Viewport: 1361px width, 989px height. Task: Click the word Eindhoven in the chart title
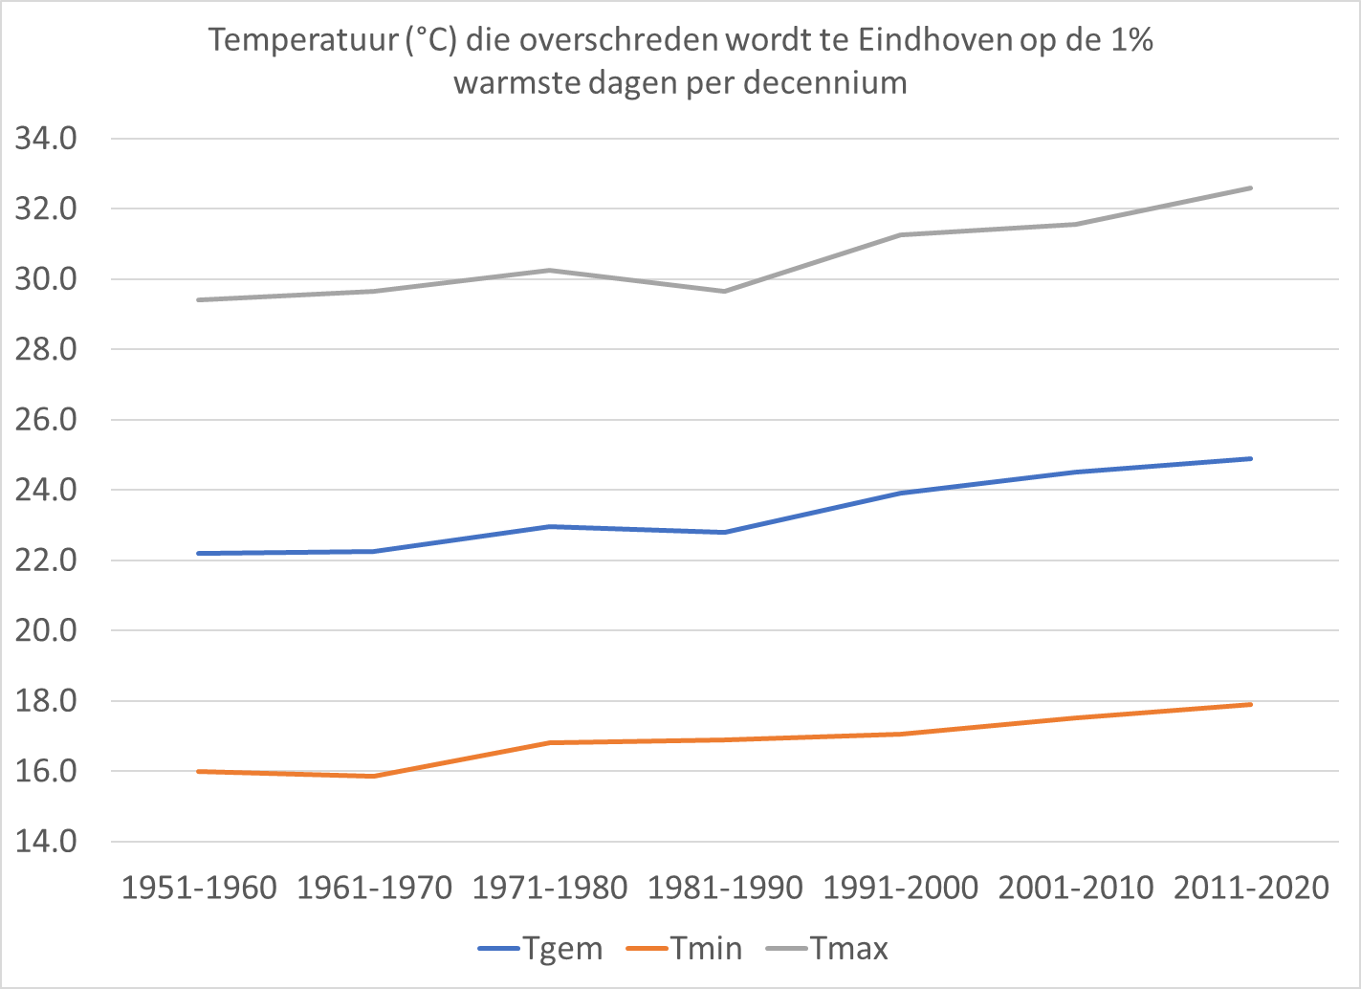(935, 41)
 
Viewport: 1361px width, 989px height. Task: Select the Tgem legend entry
(540, 948)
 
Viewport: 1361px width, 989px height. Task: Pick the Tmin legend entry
(684, 948)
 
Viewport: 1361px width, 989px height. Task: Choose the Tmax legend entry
(827, 948)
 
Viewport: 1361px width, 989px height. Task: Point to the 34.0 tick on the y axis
(46, 139)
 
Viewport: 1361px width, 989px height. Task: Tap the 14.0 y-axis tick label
(46, 842)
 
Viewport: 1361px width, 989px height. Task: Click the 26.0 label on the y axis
(46, 420)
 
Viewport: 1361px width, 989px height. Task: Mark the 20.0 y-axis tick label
(46, 630)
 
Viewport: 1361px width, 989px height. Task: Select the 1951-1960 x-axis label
(199, 889)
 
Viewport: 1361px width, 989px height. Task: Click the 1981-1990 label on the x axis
(726, 889)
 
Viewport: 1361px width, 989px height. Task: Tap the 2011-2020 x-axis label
(1252, 889)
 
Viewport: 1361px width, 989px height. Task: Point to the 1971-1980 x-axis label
(550, 889)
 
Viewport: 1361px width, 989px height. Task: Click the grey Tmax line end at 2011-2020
(1250, 188)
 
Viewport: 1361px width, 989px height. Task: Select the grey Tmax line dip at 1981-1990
(725, 291)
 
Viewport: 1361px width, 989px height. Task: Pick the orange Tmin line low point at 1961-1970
(374, 776)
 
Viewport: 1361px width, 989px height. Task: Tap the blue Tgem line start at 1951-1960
(199, 554)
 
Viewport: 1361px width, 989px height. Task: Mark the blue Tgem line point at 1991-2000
(900, 493)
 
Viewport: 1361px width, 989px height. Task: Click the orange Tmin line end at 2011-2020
(1250, 705)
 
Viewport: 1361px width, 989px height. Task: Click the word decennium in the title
(825, 82)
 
